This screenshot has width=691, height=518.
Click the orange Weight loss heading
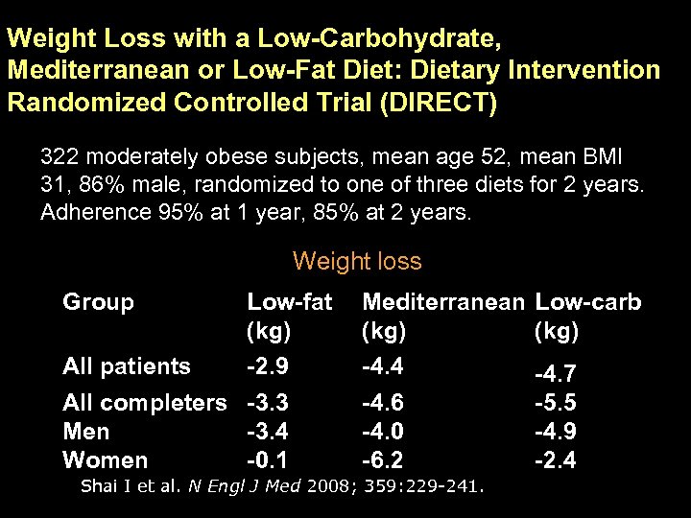[357, 261]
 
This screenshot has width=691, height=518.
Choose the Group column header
[98, 303]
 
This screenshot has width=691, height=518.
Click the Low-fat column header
[289, 303]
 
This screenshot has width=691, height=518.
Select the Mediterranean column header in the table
[443, 303]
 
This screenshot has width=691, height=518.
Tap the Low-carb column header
[587, 303]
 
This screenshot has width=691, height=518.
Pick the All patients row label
[126, 365]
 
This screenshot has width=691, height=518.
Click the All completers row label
[144, 402]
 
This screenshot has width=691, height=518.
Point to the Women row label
[105, 460]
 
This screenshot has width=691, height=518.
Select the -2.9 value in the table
[268, 365]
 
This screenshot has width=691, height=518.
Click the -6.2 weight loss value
[382, 460]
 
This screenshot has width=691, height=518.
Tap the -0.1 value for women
[268, 460]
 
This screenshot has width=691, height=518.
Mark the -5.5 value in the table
[555, 403]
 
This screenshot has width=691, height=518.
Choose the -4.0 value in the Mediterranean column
[382, 432]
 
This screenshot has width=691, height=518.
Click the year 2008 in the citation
[329, 486]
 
